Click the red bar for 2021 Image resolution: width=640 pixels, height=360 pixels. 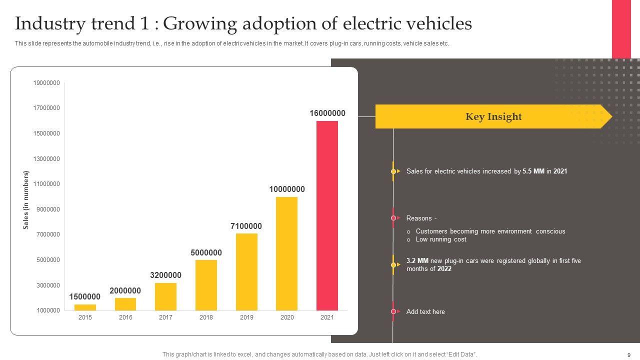[x=327, y=215]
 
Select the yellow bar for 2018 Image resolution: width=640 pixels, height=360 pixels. [x=206, y=285]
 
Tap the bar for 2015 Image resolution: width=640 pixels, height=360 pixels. [x=85, y=307]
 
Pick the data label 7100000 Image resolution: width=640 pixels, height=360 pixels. [x=246, y=226]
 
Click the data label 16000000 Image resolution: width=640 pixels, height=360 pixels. [x=327, y=113]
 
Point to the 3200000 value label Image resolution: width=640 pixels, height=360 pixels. [x=165, y=275]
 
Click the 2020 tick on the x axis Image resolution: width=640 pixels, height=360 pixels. [x=287, y=317]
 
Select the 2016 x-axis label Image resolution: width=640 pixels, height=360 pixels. [x=125, y=317]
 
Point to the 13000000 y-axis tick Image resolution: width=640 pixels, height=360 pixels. [x=46, y=159]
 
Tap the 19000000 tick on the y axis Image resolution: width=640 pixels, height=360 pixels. [x=46, y=83]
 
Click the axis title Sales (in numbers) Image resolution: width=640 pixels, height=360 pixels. [x=26, y=200]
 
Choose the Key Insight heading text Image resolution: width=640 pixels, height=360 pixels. [x=493, y=117]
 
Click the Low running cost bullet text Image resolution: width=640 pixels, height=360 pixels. [x=441, y=239]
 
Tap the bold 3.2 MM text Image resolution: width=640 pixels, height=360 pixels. [x=417, y=261]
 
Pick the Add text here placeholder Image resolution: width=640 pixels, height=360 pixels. [x=425, y=312]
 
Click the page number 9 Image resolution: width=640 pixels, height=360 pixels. [x=628, y=354]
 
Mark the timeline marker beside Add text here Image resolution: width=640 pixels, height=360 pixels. [x=393, y=311]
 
